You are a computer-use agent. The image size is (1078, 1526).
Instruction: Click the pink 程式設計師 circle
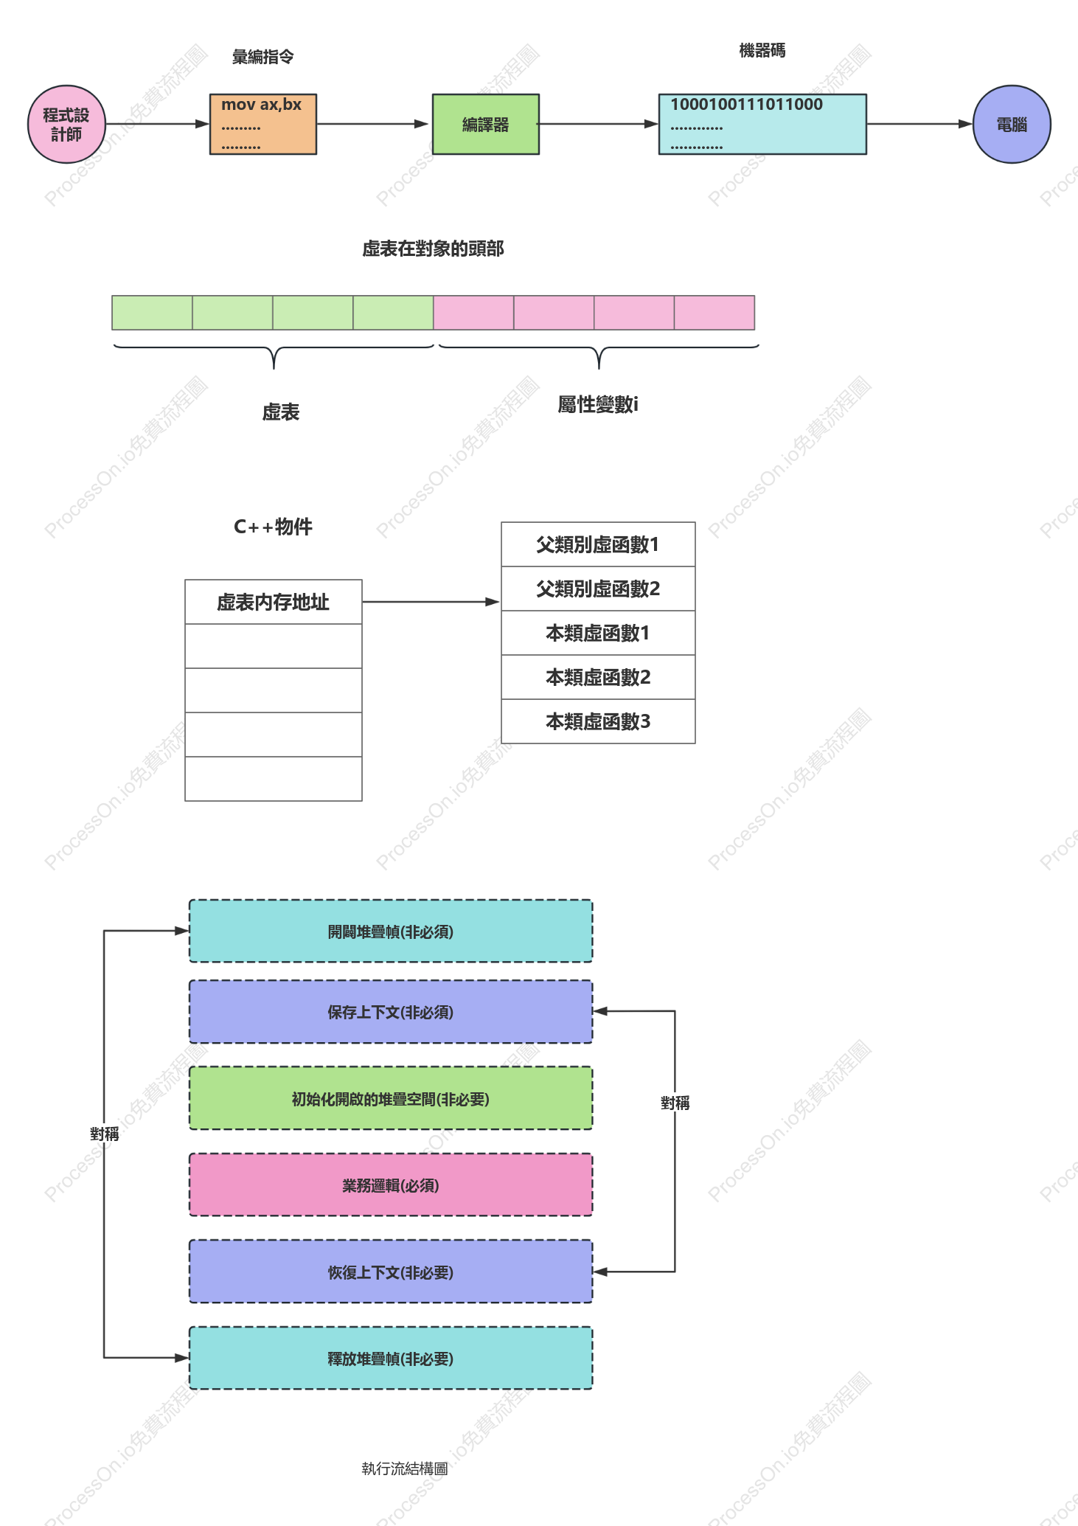[x=66, y=124]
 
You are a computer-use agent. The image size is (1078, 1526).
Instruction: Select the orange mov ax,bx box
[x=263, y=124]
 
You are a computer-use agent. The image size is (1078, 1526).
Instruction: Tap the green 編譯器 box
[x=486, y=124]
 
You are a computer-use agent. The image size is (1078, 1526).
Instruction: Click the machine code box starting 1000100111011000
[x=762, y=124]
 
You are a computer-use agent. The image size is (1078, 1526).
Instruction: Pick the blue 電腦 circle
[x=1012, y=124]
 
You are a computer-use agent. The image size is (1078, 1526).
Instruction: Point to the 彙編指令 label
[x=263, y=57]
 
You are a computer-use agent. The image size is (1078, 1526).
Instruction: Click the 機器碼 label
[x=762, y=50]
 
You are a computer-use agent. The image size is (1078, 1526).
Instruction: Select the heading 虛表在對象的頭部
[x=433, y=249]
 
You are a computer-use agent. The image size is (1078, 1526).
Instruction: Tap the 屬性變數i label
[x=598, y=404]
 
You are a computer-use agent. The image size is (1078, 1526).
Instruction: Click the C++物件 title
[x=273, y=527]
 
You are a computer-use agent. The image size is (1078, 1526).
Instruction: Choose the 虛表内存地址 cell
[x=274, y=602]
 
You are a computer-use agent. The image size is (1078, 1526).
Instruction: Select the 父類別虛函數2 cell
[x=598, y=589]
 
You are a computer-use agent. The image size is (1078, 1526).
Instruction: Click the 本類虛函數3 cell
[x=598, y=721]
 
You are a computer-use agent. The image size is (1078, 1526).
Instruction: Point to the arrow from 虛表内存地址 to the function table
[x=431, y=602]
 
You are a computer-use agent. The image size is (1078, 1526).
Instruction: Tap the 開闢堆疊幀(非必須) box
[x=391, y=931]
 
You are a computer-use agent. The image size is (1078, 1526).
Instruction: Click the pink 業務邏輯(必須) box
[x=391, y=1185]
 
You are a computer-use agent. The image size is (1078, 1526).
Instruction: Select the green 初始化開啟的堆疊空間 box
[x=391, y=1098]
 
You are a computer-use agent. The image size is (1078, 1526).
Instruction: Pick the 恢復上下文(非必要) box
[x=391, y=1272]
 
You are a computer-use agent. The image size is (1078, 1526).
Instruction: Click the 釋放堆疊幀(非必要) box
[x=391, y=1358]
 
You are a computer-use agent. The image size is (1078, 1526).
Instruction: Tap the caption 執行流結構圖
[x=405, y=1468]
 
